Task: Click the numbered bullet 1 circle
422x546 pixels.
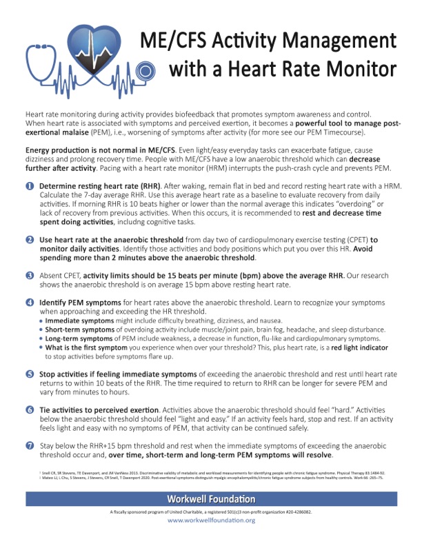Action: (x=30, y=187)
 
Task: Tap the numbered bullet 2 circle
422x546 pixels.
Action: (x=30, y=239)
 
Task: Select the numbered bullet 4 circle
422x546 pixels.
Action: (x=30, y=303)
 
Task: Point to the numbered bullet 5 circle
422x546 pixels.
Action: (x=30, y=374)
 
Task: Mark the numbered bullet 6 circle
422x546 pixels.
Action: (x=30, y=410)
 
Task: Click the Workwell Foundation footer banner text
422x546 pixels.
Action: (x=210, y=498)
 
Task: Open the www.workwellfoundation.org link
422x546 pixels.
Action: (x=211, y=520)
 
